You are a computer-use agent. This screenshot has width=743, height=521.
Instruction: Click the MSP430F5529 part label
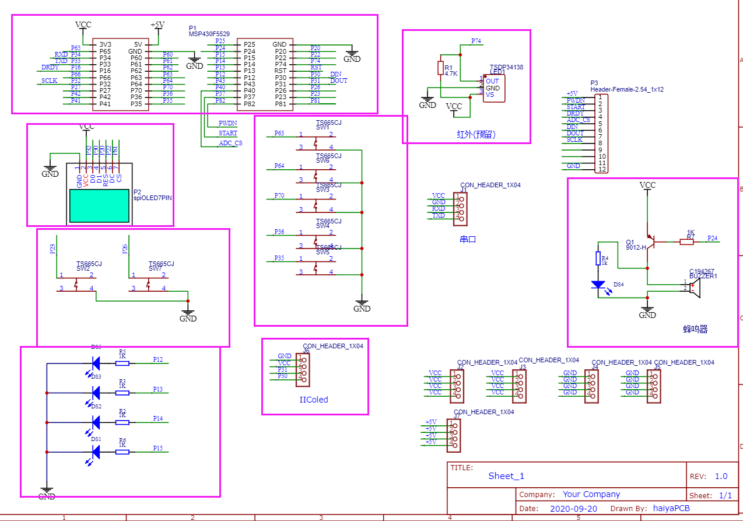coord(209,34)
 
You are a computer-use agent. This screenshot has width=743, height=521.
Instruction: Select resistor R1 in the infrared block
coord(441,68)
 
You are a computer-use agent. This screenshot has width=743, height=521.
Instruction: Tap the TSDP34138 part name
coord(506,67)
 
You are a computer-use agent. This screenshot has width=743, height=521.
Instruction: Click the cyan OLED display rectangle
coord(99,205)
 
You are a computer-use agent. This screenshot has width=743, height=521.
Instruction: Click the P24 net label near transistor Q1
coord(712,238)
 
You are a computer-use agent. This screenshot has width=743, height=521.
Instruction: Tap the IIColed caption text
coord(314,400)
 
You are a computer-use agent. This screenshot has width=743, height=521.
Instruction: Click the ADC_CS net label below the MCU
coord(230,143)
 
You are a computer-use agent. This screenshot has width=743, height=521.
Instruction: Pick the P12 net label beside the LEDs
coord(158,359)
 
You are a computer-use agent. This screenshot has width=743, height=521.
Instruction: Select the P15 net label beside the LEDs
coord(158,448)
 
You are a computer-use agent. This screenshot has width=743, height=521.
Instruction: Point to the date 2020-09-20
coord(573,509)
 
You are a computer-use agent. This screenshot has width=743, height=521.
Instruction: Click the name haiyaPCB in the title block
coord(671,509)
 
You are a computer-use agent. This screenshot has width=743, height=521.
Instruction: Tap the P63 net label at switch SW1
coord(279,134)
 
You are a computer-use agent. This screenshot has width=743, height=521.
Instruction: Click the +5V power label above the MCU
coord(157,25)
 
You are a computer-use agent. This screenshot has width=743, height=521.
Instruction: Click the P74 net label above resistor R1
coord(476,41)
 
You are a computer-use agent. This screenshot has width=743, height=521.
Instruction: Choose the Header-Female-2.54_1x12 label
coord(626,90)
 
